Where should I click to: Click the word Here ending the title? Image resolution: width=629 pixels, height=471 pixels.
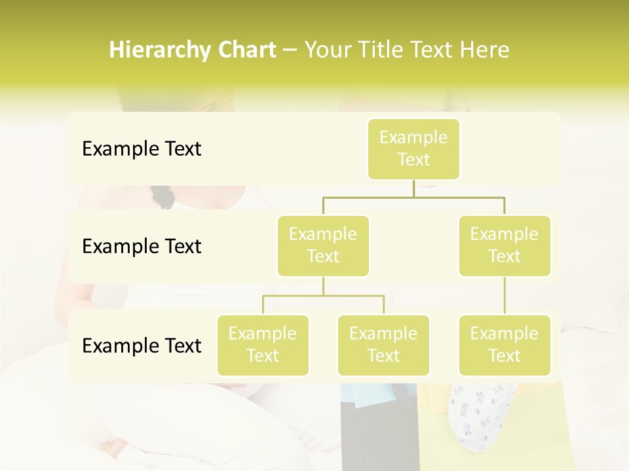pos(486,50)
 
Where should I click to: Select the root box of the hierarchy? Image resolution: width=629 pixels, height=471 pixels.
pos(413,148)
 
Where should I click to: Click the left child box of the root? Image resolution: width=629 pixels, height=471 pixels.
pos(323,245)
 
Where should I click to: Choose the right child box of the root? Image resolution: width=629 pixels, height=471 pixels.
pos(505,245)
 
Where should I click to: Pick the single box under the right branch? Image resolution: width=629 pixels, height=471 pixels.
pos(505,345)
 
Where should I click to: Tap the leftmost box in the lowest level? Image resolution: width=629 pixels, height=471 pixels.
pos(263,345)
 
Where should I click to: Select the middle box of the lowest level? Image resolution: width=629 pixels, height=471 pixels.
pos(383,345)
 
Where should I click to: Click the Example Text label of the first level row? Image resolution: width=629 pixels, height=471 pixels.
pos(142,149)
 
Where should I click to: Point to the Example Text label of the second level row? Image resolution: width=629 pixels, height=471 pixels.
pos(142,247)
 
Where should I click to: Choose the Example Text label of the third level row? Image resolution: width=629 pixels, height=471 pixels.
pos(142,346)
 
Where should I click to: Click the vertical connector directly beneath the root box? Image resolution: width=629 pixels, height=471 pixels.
pos(413,188)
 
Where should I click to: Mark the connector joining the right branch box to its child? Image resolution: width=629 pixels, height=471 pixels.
pos(505,295)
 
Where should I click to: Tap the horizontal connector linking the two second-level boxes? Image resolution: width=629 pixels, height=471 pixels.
pos(413,197)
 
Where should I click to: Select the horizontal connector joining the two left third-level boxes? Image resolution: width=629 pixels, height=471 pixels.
pos(323,296)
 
